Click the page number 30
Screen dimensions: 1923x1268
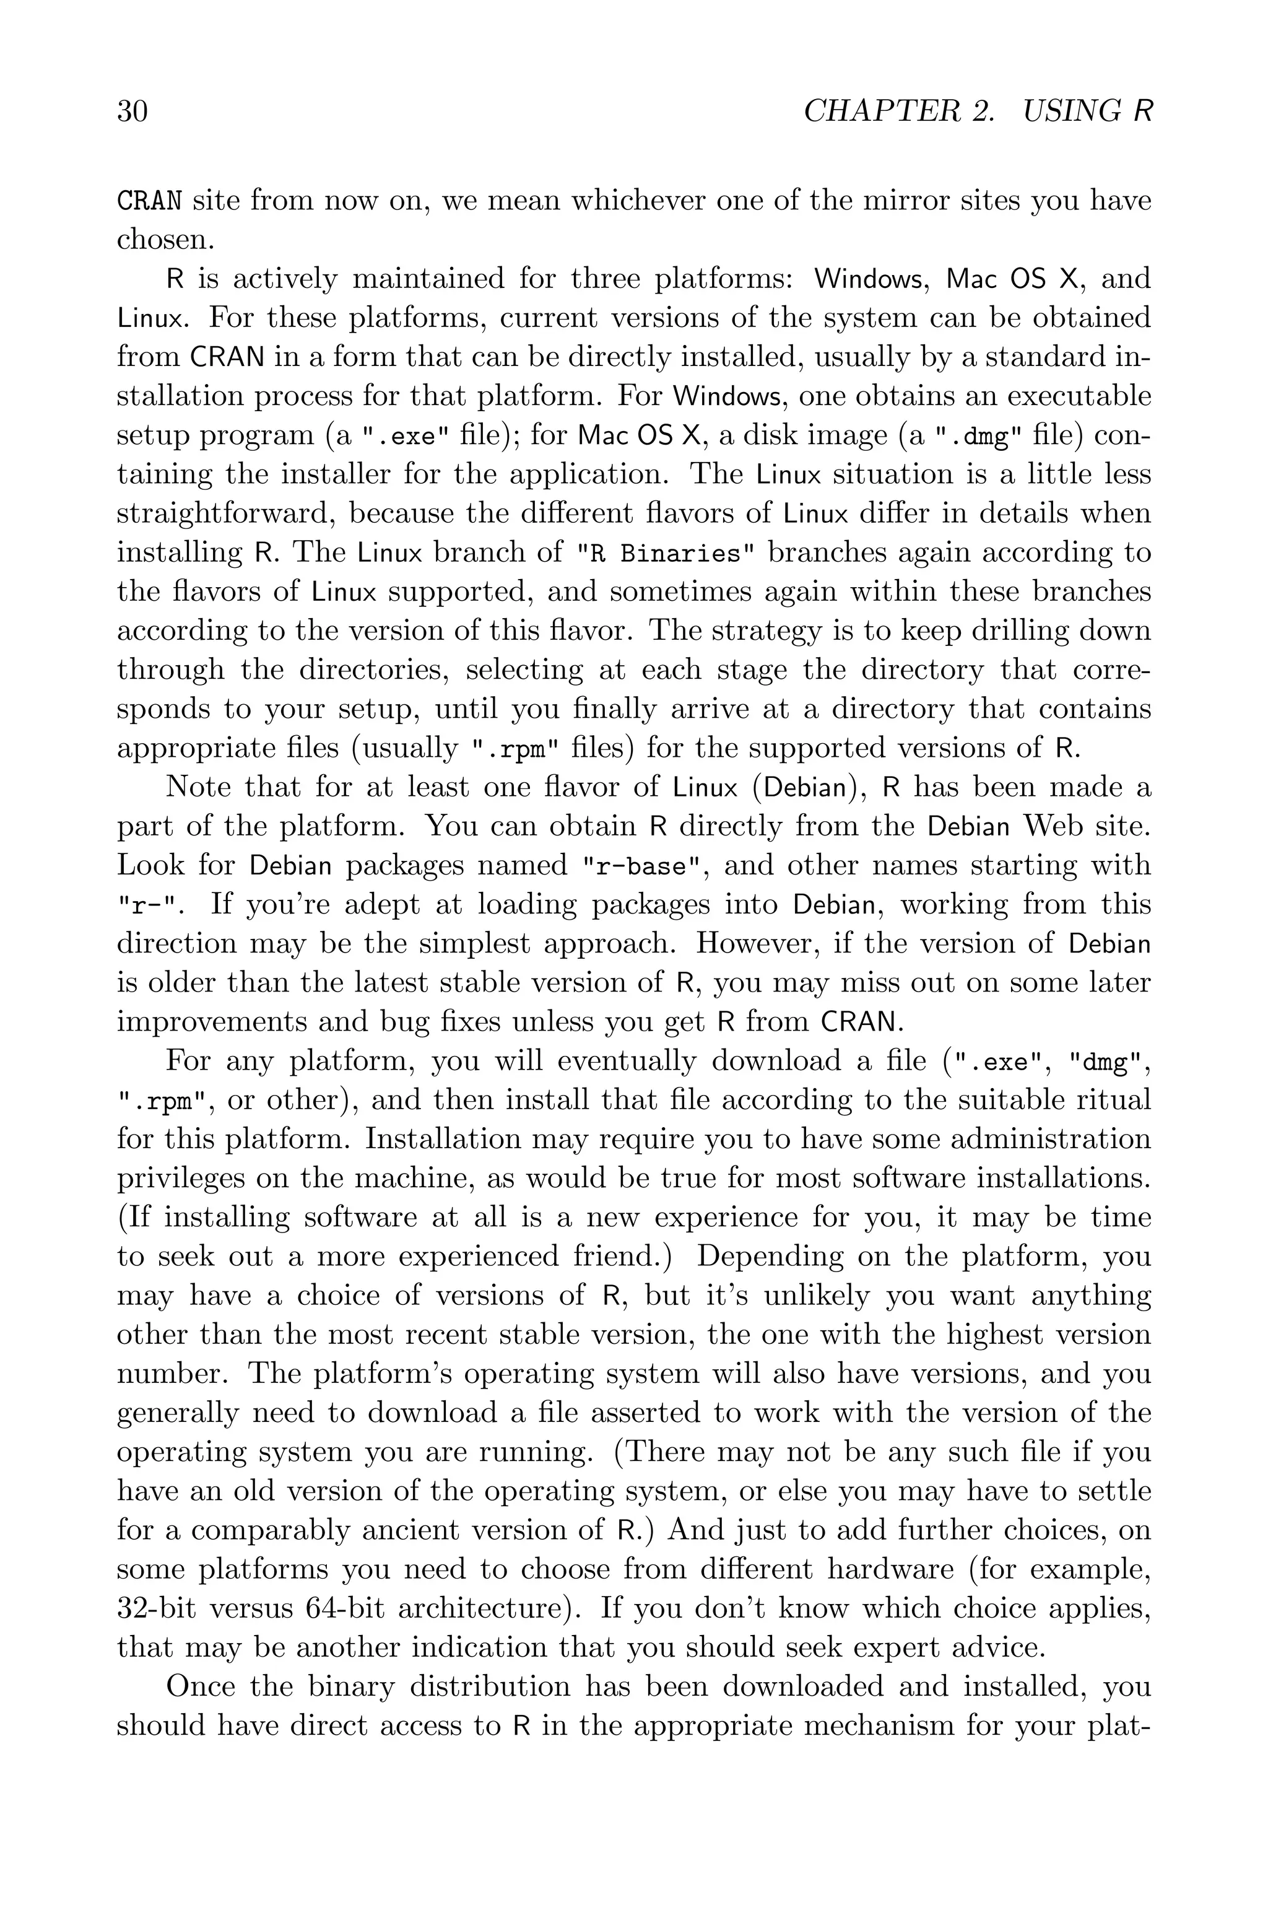point(132,111)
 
